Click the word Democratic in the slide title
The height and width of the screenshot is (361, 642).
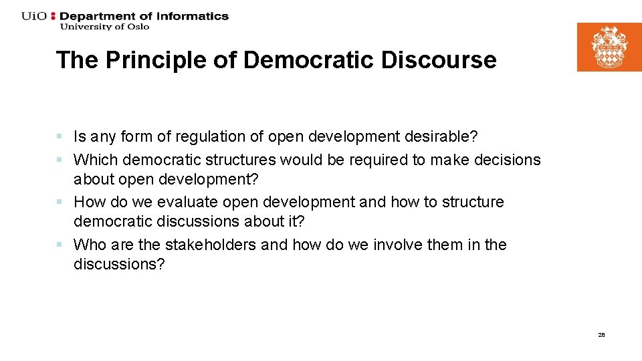pos(309,60)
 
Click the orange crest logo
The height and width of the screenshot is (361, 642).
pos(609,47)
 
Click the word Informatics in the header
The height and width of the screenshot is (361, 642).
pos(193,16)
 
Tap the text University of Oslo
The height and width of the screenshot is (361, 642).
pos(104,27)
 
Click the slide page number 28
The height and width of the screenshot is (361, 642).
pos(601,334)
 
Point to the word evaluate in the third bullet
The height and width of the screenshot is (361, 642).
pos(188,202)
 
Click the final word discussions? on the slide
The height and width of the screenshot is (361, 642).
pos(119,264)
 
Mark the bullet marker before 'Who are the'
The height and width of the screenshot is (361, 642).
pos(60,245)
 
